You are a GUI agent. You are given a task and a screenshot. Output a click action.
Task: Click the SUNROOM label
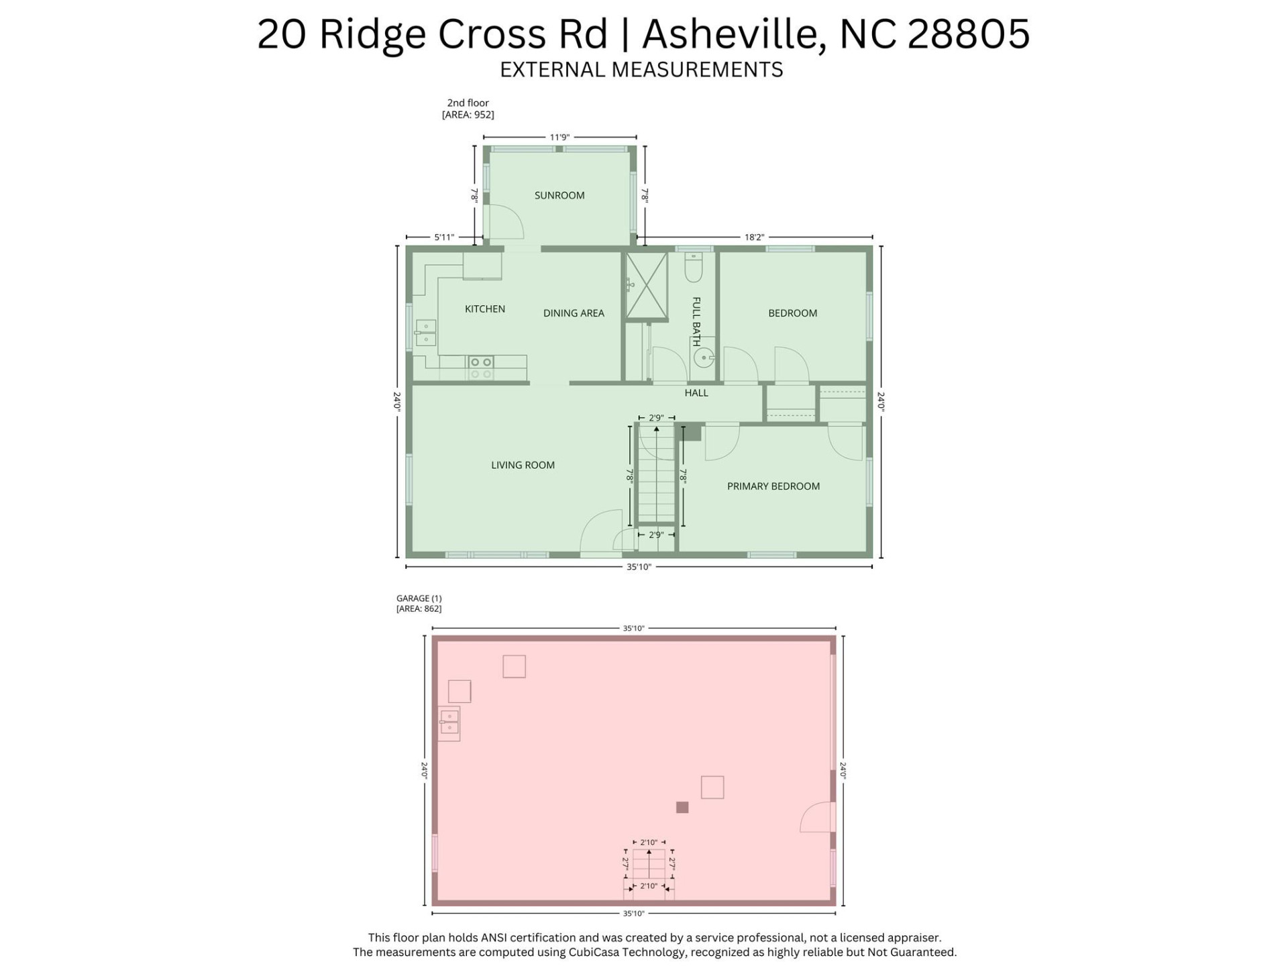(559, 195)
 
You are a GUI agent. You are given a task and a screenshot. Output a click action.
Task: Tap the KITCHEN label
(484, 309)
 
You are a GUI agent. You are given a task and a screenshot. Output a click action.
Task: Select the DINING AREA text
(573, 313)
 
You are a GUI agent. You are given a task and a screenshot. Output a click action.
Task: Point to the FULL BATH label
(696, 321)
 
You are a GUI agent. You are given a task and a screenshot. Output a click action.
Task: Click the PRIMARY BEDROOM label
(773, 486)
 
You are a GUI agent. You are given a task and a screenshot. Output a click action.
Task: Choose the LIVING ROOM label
(523, 465)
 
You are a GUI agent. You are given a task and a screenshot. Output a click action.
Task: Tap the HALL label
(696, 392)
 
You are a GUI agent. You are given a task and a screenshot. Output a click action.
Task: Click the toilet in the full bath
(693, 268)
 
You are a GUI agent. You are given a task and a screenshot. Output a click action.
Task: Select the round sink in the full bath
(703, 358)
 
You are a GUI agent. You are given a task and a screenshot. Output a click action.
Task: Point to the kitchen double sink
(425, 333)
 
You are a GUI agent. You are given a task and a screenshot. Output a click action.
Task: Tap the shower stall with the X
(646, 286)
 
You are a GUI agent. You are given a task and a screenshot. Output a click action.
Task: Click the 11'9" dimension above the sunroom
(559, 138)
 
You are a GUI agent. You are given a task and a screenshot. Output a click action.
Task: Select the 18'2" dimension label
(754, 237)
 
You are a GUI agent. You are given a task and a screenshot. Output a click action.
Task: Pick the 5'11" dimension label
(443, 237)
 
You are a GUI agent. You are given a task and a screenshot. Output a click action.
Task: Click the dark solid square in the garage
(682, 807)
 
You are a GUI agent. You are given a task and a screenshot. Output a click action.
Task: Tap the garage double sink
(449, 722)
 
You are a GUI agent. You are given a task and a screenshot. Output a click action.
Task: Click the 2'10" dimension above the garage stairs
(648, 842)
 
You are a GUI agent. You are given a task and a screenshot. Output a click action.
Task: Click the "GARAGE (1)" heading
(419, 598)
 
